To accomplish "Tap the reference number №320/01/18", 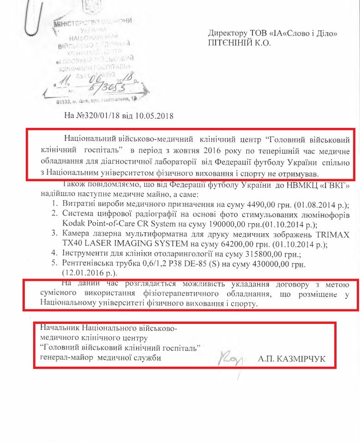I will (x=100, y=115).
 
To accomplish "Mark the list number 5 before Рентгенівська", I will (x=53, y=263).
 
